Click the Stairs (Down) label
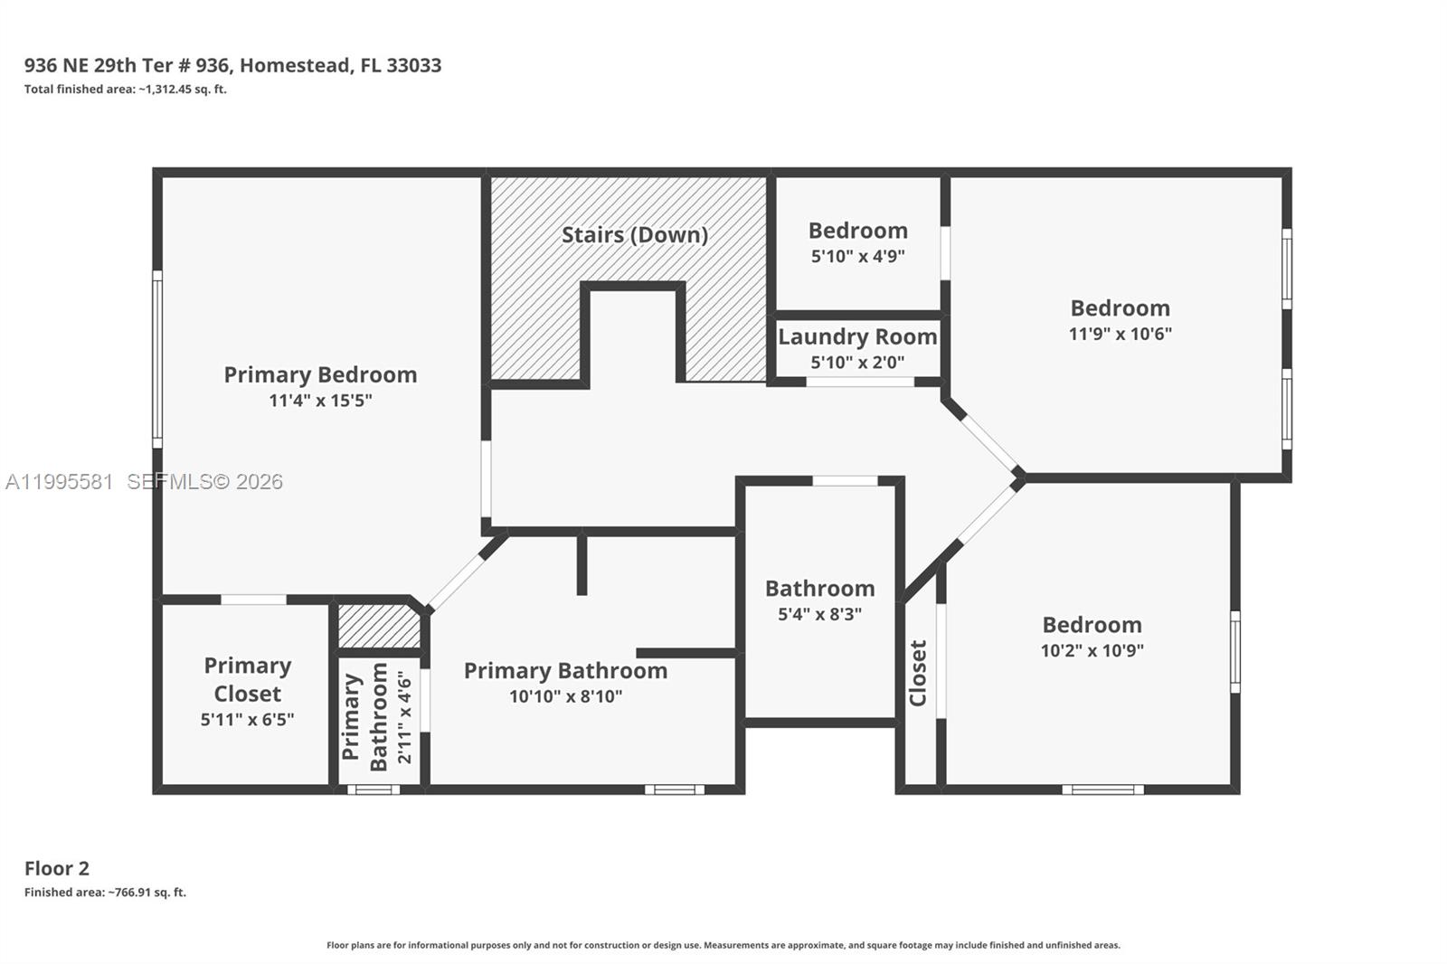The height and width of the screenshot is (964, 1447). pyautogui.click(x=634, y=235)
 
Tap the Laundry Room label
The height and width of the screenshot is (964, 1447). pyautogui.click(x=857, y=336)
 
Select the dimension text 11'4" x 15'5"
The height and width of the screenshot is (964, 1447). pyautogui.click(x=320, y=401)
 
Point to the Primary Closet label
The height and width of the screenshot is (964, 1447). pyautogui.click(x=247, y=679)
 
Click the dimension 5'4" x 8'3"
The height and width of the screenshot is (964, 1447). pyautogui.click(x=819, y=614)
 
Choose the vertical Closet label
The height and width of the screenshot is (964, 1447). pyautogui.click(x=918, y=673)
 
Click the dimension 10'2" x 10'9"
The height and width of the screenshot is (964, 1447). pyautogui.click(x=1092, y=650)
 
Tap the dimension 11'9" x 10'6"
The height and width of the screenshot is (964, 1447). pyautogui.click(x=1120, y=334)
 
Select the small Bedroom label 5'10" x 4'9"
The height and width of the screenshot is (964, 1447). pyautogui.click(x=857, y=232)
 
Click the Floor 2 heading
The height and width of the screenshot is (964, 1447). pyautogui.click(x=57, y=868)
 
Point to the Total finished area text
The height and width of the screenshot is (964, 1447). pyautogui.click(x=125, y=89)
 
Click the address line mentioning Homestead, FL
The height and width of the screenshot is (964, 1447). pyautogui.click(x=232, y=65)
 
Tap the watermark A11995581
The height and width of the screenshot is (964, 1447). pyautogui.click(x=60, y=482)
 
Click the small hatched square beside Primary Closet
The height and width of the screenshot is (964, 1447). pyautogui.click(x=378, y=626)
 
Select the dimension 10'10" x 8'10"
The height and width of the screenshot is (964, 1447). pyautogui.click(x=565, y=696)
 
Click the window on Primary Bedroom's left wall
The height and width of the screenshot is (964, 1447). pyautogui.click(x=157, y=359)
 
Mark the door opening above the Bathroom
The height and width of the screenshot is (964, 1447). pyautogui.click(x=845, y=481)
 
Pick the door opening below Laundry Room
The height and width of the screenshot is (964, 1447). pyautogui.click(x=859, y=383)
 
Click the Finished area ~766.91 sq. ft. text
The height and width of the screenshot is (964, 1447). pyautogui.click(x=105, y=893)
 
